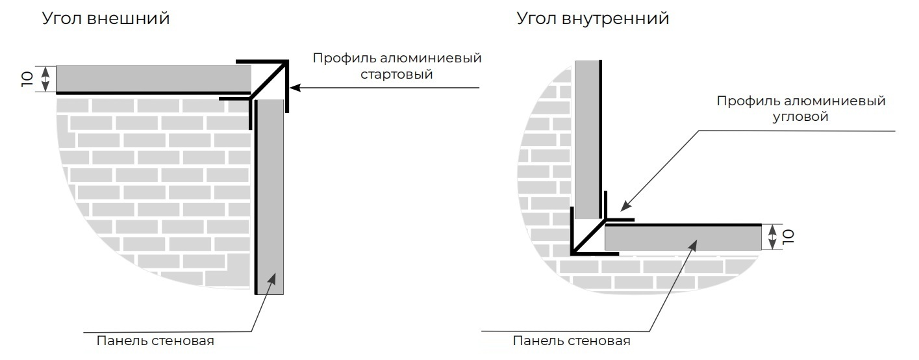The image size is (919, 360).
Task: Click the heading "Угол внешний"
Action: tap(106, 19)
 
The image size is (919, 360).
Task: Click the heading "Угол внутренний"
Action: tap(592, 19)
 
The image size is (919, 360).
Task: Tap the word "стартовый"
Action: tap(397, 75)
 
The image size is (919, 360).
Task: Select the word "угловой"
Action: tap(801, 117)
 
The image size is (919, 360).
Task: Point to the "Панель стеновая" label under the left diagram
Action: tap(155, 341)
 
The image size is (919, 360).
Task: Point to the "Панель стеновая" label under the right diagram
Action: tap(571, 341)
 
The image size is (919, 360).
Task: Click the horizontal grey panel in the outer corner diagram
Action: tap(153, 79)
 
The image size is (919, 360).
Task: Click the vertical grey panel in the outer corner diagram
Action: tap(270, 195)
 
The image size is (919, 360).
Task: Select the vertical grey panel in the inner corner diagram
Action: tap(587, 140)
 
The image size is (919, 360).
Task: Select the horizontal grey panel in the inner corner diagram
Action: tap(682, 237)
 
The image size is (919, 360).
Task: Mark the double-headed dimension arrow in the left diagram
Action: tap(45, 79)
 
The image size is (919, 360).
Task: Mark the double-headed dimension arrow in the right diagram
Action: tap(772, 237)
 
